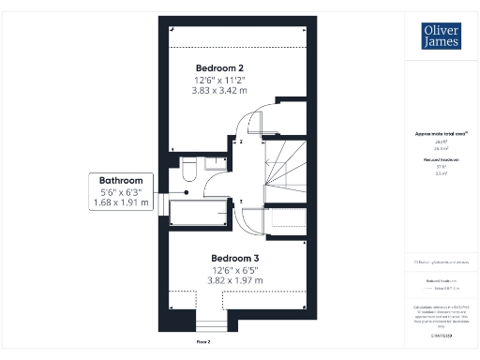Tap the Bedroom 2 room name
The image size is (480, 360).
(219, 68)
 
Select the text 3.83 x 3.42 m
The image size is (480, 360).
(219, 91)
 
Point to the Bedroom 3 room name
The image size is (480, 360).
(234, 258)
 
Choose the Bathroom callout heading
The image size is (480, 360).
(121, 180)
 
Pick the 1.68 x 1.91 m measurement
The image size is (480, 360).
(121, 202)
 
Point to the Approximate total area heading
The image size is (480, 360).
(440, 134)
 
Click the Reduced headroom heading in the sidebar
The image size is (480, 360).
(440, 161)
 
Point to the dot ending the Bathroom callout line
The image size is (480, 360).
(187, 191)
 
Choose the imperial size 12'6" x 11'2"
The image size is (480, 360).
(219, 80)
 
